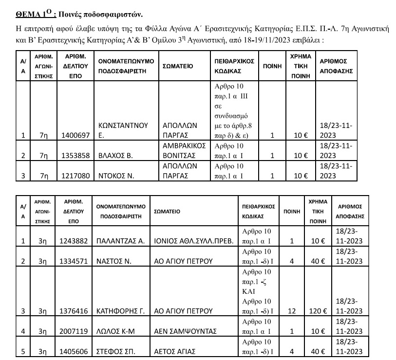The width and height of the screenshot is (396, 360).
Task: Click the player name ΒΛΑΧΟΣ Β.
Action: click(120, 156)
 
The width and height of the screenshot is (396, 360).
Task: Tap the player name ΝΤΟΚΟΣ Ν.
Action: click(119, 176)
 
